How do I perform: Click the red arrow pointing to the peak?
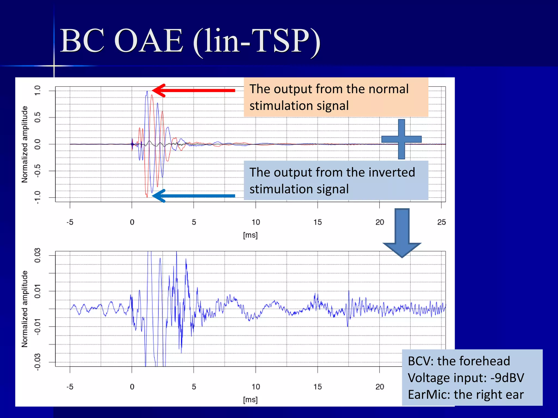[193, 90]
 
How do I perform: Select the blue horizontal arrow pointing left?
[193, 196]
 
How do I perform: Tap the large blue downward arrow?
[402, 233]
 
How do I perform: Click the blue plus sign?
[401, 139]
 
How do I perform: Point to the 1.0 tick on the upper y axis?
[37, 90]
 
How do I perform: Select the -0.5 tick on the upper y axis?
[37, 171]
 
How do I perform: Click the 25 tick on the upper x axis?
[441, 222]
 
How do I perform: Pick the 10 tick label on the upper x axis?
[256, 222]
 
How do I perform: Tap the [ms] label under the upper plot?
[250, 235]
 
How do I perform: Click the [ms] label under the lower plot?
[250, 399]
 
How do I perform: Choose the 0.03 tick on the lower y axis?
[37, 255]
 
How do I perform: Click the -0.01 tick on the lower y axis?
[37, 327]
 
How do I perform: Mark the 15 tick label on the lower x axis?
[317, 387]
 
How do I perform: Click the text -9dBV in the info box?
[507, 378]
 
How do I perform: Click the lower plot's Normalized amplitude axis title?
[25, 309]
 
